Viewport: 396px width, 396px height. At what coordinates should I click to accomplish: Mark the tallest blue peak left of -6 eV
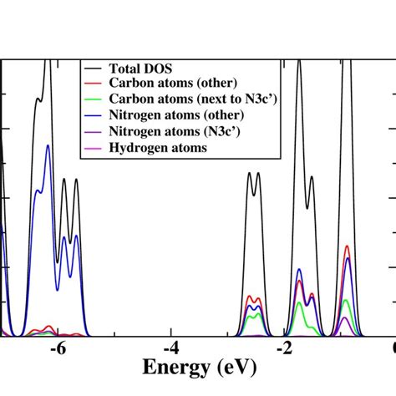click(48, 147)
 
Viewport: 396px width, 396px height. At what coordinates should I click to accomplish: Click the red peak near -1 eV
click(347, 247)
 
